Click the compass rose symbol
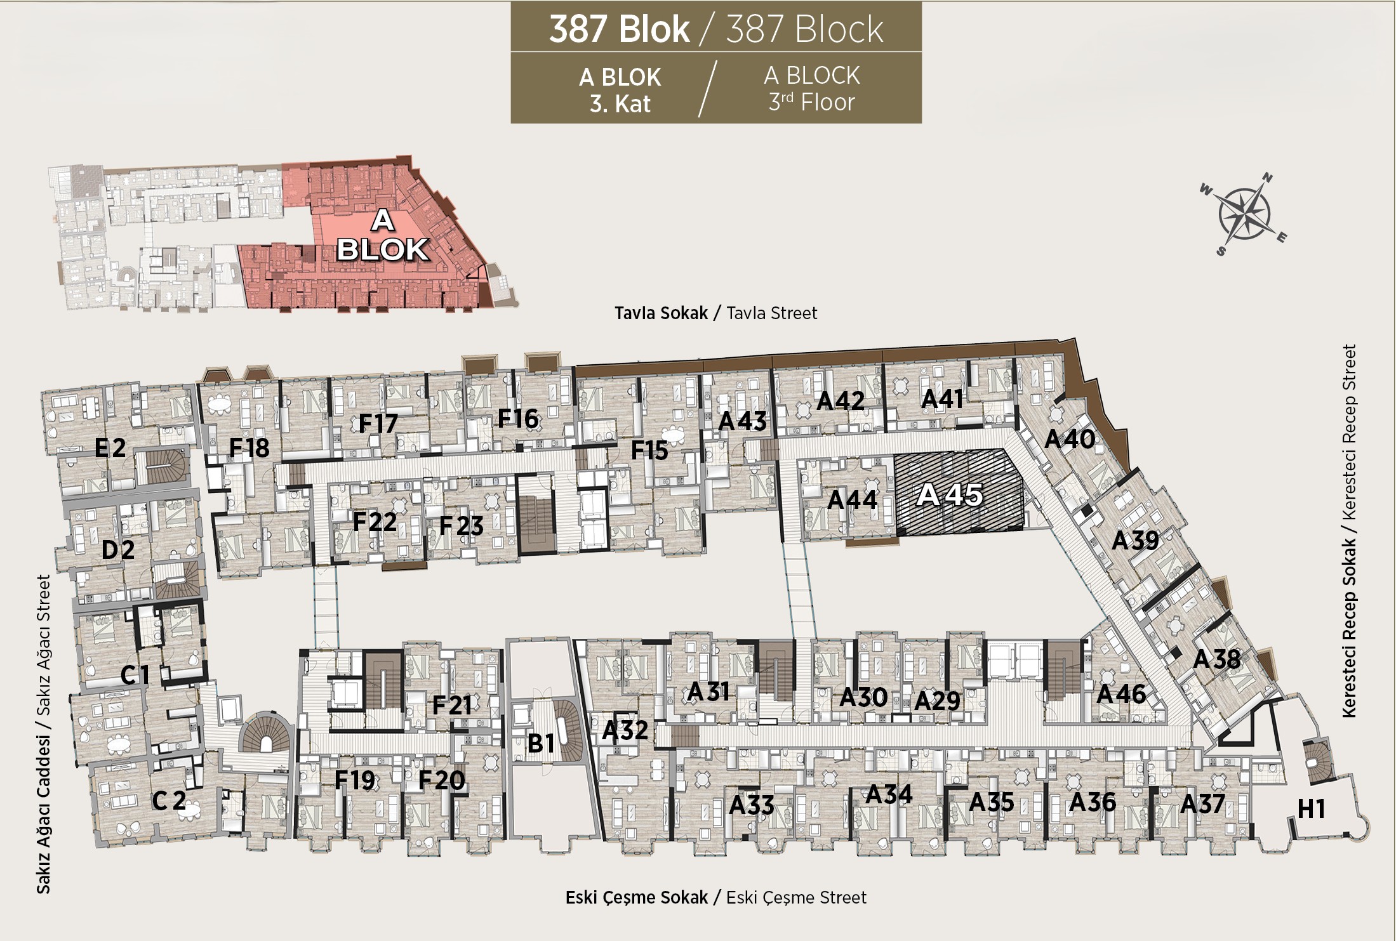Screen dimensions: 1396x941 point(1243,214)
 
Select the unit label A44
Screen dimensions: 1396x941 point(853,500)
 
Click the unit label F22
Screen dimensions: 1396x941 point(375,522)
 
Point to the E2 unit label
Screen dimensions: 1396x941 point(110,448)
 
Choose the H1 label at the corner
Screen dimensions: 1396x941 point(1312,809)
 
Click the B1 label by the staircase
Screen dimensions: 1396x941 point(542,743)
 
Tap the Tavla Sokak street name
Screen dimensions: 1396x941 point(661,313)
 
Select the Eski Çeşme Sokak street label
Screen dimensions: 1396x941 point(637,897)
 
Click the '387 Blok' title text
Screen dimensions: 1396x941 point(619,29)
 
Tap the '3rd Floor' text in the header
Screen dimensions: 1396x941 point(812,102)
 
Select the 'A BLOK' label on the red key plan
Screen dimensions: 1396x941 point(382,235)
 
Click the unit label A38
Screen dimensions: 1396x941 point(1216,659)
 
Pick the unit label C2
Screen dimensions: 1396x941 point(169,800)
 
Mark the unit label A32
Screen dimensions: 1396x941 point(625,730)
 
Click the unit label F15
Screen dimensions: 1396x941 point(649,451)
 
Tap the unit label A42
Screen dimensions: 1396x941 point(841,401)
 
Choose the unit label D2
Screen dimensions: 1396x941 point(118,549)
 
